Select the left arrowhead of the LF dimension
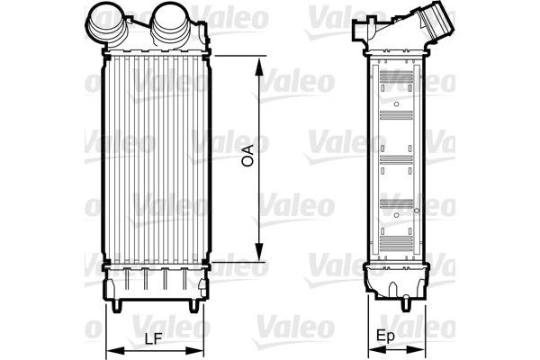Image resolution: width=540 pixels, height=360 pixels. (x=110, y=350)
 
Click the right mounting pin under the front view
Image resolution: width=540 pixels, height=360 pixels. (x=191, y=307)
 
